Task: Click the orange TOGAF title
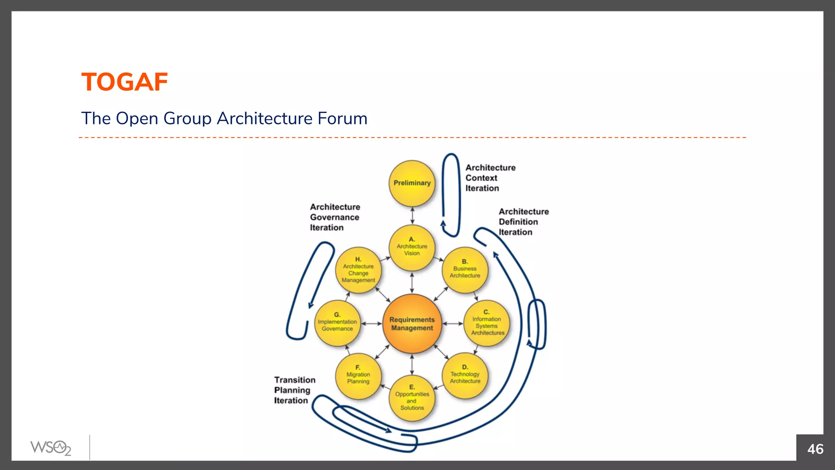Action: click(124, 82)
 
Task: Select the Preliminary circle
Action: click(412, 183)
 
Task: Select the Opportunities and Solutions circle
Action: click(412, 399)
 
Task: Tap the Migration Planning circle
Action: click(358, 376)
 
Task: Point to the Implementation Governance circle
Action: click(337, 323)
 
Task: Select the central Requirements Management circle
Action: click(412, 324)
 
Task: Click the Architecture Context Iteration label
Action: click(490, 178)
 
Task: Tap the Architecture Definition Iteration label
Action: click(523, 222)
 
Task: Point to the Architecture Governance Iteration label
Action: click(335, 217)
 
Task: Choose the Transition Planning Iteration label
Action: click(294, 390)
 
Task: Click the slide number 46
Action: click(815, 449)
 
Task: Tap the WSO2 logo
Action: click(51, 448)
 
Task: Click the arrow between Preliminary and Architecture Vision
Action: click(412, 215)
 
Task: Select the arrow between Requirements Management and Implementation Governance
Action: click(371, 324)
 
